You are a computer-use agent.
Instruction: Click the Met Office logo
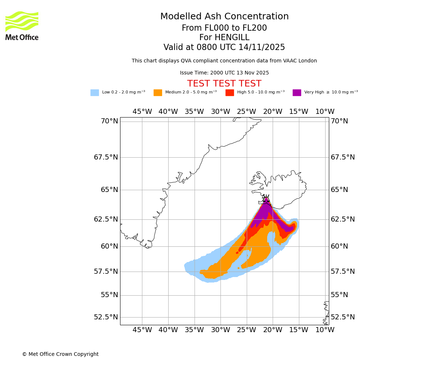click(22, 26)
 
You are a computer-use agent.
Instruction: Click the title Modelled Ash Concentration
click(224, 17)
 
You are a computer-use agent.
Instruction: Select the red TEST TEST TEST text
click(224, 84)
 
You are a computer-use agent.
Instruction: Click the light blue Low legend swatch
click(95, 93)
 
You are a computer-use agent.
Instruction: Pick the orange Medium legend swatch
click(158, 93)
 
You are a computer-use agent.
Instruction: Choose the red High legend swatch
click(230, 93)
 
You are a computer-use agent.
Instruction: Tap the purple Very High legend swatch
click(297, 93)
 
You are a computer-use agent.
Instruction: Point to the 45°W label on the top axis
click(142, 112)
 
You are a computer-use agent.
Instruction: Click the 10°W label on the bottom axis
click(325, 330)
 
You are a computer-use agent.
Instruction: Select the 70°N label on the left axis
click(109, 121)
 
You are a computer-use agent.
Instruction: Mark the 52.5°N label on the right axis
click(343, 317)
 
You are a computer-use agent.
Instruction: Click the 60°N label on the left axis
click(109, 246)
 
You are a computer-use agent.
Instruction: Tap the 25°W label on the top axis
click(246, 112)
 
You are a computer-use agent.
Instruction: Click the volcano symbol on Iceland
click(266, 199)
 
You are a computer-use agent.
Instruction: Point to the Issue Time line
click(224, 73)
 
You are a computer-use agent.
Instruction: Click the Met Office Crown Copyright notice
click(60, 354)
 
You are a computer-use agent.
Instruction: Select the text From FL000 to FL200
click(224, 28)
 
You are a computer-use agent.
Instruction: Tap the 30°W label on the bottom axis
click(220, 330)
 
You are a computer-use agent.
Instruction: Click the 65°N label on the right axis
click(339, 190)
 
